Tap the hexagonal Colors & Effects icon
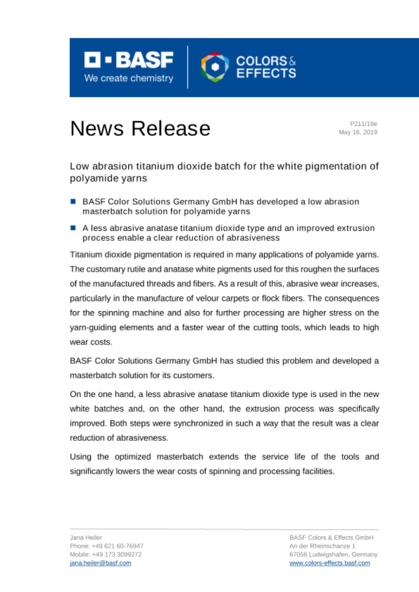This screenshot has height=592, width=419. [x=215, y=68]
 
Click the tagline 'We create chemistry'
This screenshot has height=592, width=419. [x=129, y=78]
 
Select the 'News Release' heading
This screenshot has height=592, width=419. [x=140, y=129]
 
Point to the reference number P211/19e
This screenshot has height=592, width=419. [x=364, y=123]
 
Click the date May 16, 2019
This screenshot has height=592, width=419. [x=358, y=132]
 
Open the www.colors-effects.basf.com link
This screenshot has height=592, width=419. [x=330, y=563]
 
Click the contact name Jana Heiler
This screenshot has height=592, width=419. [x=83, y=538]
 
